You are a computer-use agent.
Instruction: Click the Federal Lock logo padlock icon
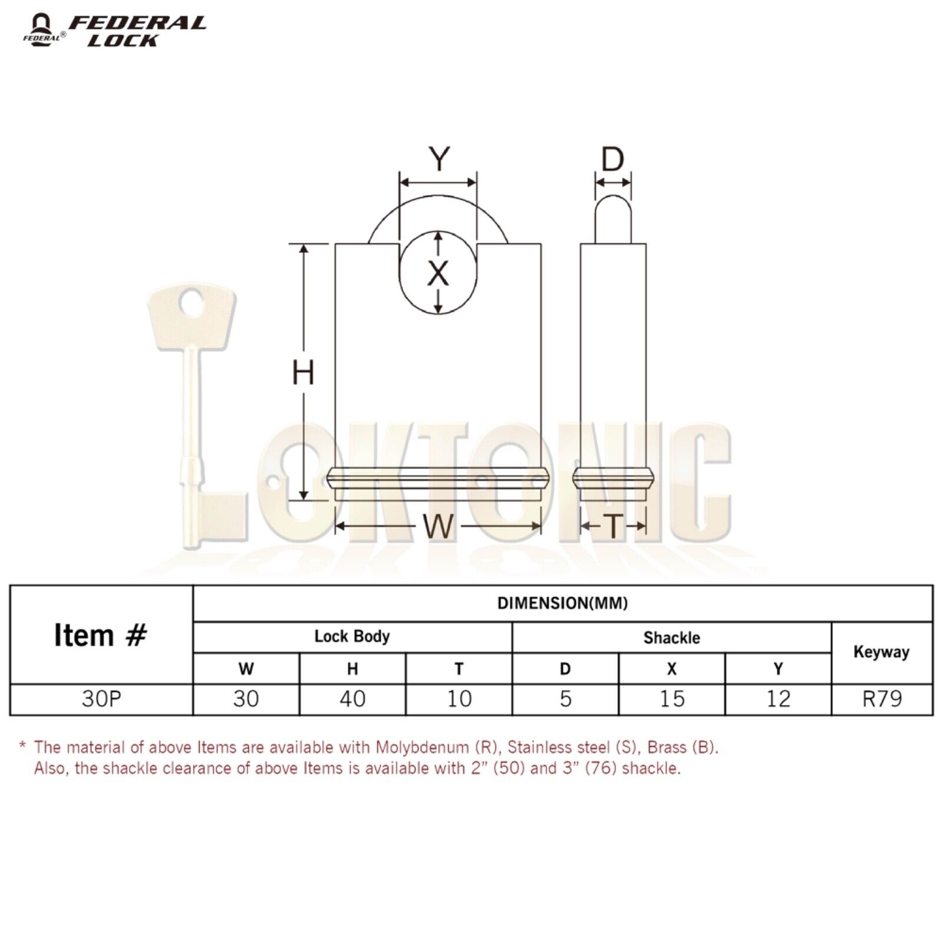pos(41,29)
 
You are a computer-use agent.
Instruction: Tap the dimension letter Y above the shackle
pos(439,159)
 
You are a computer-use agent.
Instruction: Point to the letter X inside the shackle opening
pos(438,273)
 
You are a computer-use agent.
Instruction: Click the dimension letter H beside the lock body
pos(303,373)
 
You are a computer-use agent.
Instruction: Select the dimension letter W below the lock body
pos(438,526)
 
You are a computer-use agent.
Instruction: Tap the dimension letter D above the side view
pos(613,159)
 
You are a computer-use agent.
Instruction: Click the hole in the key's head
pos(191,304)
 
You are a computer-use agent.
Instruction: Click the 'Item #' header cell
pos(101,635)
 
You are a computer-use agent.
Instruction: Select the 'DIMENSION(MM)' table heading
pos(562,603)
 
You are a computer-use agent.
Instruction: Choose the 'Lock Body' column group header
pos(352,637)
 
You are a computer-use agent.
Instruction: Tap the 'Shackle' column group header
pos(671,638)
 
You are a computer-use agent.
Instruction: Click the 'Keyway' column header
pos(881,652)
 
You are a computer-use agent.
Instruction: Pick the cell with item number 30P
pos(101,699)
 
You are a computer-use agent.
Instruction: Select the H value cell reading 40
pos(352,699)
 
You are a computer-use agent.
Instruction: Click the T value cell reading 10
pos(459,699)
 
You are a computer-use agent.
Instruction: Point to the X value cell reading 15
pos(671,699)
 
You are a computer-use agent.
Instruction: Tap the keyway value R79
pos(882,699)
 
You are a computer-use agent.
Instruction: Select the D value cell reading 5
pos(565,699)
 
